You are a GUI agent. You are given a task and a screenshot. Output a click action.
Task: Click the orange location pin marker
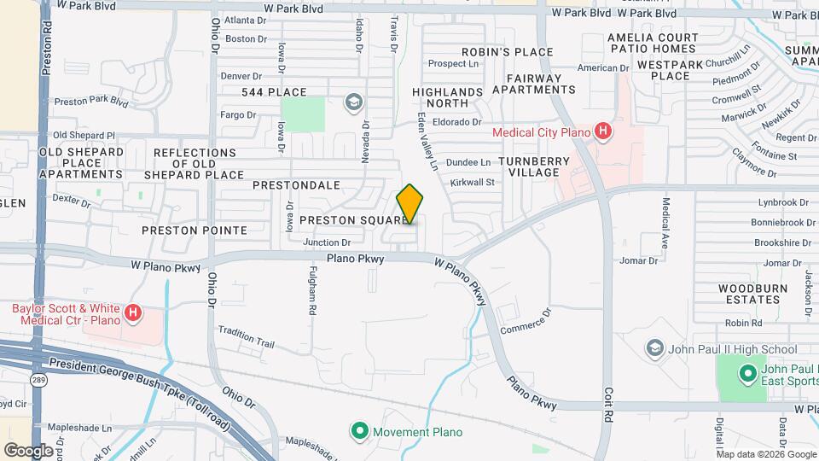click(x=410, y=204)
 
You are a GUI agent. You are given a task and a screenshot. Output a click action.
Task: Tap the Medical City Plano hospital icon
click(x=603, y=131)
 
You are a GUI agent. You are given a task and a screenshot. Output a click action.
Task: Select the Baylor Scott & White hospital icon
click(x=133, y=314)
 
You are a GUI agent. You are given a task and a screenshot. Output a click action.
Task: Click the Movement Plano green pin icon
click(x=359, y=431)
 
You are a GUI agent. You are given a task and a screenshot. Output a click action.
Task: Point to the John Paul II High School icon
click(x=654, y=348)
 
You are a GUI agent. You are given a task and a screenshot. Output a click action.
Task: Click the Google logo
click(x=27, y=450)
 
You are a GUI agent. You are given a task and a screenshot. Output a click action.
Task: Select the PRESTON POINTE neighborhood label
click(x=195, y=230)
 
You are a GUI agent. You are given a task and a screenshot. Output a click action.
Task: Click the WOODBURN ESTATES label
click(x=741, y=295)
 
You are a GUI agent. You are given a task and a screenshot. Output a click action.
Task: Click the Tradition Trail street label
click(x=246, y=337)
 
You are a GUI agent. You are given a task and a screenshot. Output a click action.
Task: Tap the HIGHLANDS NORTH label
click(x=447, y=97)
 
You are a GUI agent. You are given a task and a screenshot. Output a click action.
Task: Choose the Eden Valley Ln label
click(x=427, y=139)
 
